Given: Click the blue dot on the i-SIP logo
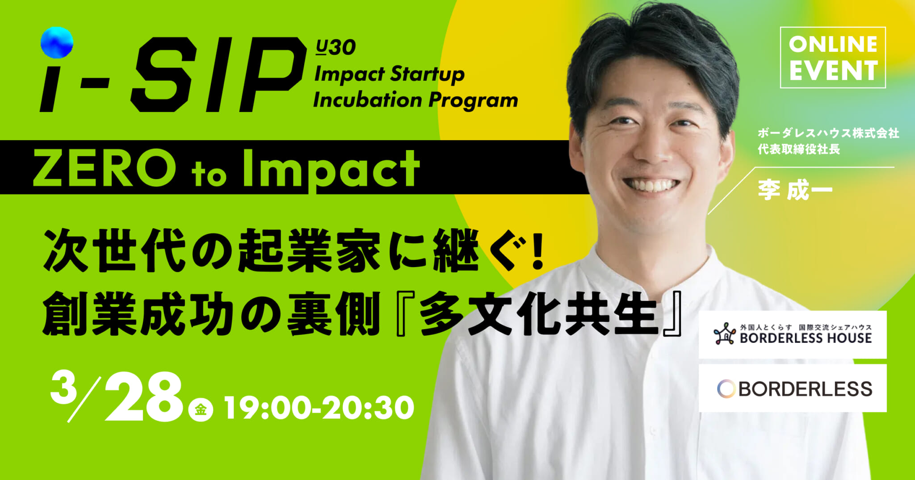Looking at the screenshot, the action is click(x=57, y=42).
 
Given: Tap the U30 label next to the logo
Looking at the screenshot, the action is click(x=336, y=47).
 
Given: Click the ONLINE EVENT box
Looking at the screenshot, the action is click(x=833, y=58).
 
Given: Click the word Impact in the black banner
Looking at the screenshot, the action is click(x=331, y=170).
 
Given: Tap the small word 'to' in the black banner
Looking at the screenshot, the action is click(x=209, y=174).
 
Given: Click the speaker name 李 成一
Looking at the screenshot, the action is click(x=795, y=190).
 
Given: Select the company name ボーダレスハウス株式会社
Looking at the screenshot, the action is click(x=828, y=134).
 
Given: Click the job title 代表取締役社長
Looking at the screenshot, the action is click(x=798, y=149).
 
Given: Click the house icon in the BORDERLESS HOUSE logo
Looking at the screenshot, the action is click(x=725, y=334).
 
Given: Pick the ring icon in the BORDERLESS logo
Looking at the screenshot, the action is click(x=726, y=389).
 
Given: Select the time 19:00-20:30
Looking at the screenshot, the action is click(x=319, y=408).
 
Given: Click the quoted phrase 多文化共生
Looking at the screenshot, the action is click(x=538, y=314).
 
